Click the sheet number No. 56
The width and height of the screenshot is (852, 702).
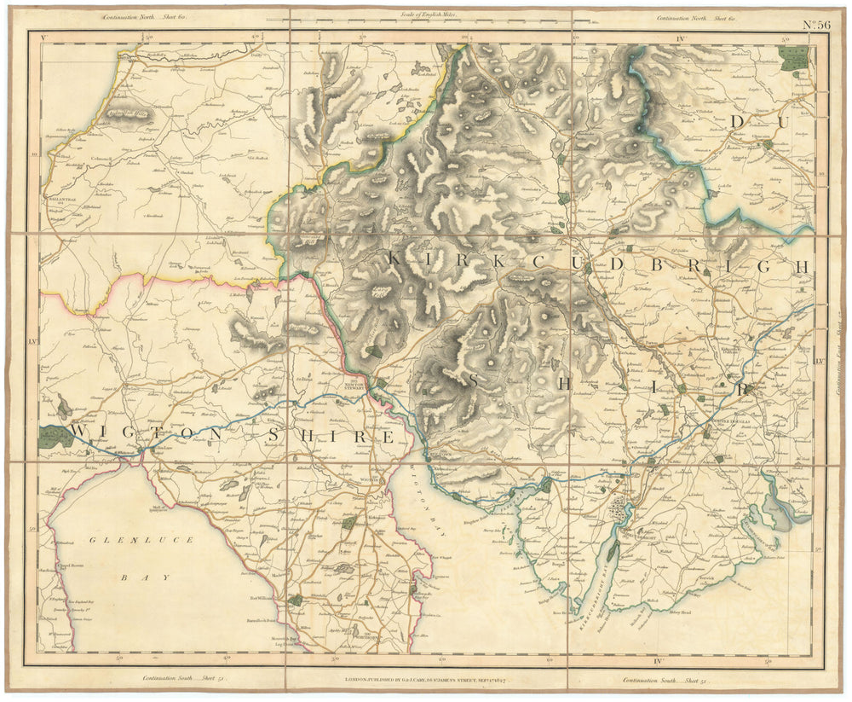(x=816, y=25)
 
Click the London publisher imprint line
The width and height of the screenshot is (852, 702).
(x=429, y=681)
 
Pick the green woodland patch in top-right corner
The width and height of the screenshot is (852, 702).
(x=794, y=57)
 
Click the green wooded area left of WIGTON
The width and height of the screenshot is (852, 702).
(x=56, y=437)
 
